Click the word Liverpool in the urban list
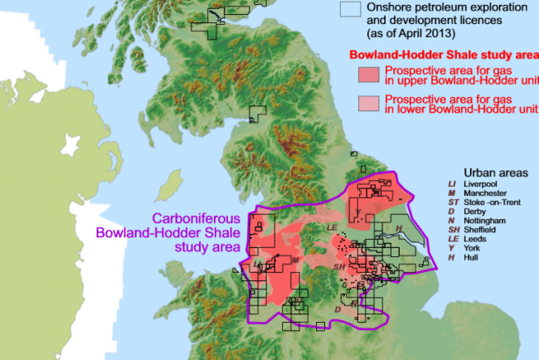482,182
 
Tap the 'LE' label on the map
333,226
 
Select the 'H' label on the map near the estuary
398,228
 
